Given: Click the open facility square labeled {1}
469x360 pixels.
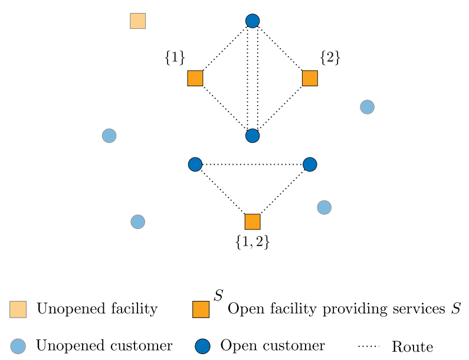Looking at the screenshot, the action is pyautogui.click(x=195, y=78).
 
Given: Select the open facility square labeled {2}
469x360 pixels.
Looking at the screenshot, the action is pyautogui.click(x=310, y=78).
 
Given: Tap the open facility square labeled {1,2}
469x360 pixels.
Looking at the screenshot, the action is pyautogui.click(x=252, y=222).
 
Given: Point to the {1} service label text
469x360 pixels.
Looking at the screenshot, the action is pyautogui.click(x=175, y=57).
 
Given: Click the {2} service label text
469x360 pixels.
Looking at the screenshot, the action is pyautogui.click(x=330, y=57).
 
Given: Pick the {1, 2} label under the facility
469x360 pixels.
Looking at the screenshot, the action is pyautogui.click(x=252, y=242).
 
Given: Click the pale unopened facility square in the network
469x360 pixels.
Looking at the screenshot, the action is pyautogui.click(x=138, y=21).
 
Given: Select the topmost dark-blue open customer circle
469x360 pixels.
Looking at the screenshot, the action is pyautogui.click(x=252, y=21).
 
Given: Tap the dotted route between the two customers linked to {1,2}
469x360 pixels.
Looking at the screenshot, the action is pyautogui.click(x=252, y=164).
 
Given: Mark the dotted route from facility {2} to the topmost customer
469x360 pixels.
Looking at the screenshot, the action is pyautogui.click(x=280, y=48).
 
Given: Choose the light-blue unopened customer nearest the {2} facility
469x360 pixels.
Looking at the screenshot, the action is pyautogui.click(x=368, y=107).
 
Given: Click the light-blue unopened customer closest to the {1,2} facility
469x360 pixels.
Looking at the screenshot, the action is pyautogui.click(x=324, y=207).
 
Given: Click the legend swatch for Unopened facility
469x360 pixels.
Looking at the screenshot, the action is pyautogui.click(x=18, y=309).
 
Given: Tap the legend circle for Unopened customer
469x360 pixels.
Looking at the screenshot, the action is pyautogui.click(x=18, y=346).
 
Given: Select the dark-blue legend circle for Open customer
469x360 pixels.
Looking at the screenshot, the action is pyautogui.click(x=202, y=346).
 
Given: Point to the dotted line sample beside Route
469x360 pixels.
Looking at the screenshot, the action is pyautogui.click(x=369, y=346).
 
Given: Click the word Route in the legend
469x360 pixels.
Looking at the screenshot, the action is pyautogui.click(x=412, y=347).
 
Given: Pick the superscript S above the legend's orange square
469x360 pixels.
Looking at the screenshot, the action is pyautogui.click(x=219, y=295).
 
